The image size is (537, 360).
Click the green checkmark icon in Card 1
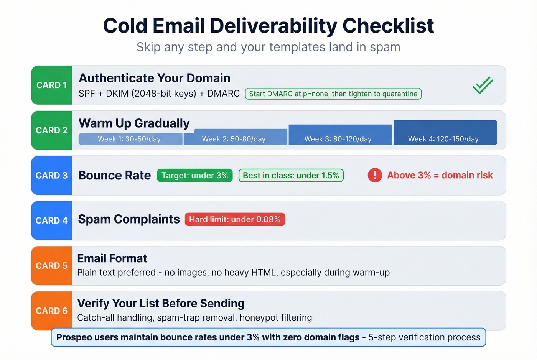[483, 85]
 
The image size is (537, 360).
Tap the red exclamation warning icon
[375, 175]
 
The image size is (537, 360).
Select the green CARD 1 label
[51, 85]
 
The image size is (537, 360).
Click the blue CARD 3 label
[51, 176]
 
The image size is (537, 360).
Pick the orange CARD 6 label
[51, 311]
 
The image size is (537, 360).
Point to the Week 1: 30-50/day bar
[130, 139]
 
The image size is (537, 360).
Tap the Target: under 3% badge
[194, 176]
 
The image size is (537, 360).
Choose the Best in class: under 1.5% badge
[291, 176]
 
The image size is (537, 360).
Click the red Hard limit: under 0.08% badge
[235, 219]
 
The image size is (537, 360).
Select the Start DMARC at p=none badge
[333, 94]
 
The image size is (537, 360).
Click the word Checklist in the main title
[388, 26]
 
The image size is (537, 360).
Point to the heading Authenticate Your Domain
[155, 78]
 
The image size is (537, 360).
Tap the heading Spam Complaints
[129, 219]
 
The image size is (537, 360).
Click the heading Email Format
[112, 258]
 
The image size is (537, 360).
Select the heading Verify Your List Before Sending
[161, 303]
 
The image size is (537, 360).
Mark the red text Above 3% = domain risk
[440, 175]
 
